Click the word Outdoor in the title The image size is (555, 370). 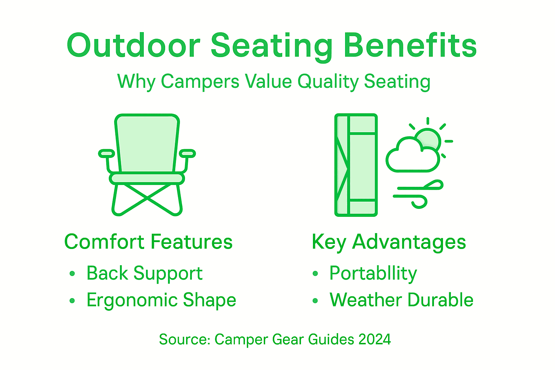(x=133, y=46)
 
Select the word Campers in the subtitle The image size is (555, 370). (x=200, y=81)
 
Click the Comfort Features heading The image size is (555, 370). (x=148, y=242)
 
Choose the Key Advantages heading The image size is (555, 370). (x=388, y=242)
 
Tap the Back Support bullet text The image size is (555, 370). (x=144, y=273)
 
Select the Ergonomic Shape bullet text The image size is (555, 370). (x=161, y=300)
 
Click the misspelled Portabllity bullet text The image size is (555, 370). (x=373, y=273)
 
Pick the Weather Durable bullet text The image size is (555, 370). (x=401, y=300)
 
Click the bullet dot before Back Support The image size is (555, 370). (x=72, y=274)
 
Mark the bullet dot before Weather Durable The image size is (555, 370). (x=315, y=300)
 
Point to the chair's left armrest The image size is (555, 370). (x=106, y=154)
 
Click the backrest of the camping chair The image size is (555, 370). (x=147, y=143)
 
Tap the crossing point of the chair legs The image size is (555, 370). (x=147, y=197)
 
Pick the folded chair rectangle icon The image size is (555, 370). (x=356, y=165)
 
